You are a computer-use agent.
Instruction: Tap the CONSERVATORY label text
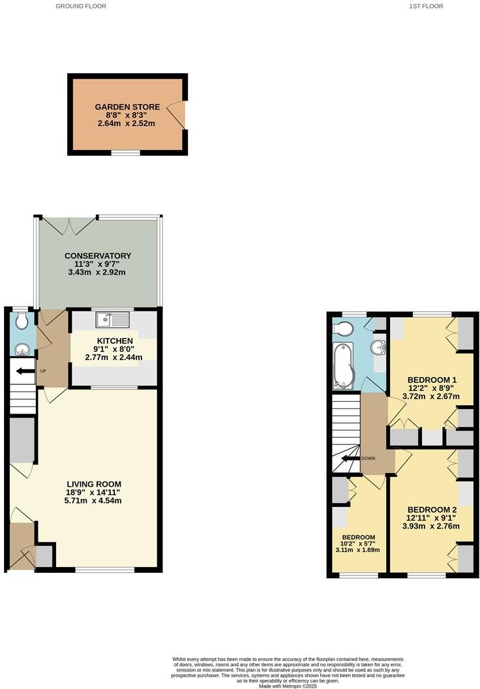(x=98, y=256)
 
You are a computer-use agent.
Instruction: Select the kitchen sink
(x=113, y=320)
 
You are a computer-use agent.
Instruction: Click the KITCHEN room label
(x=115, y=341)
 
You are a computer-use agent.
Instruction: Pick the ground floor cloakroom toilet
(x=22, y=320)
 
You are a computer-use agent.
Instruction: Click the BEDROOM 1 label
(x=432, y=380)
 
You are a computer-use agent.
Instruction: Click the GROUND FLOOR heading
(x=81, y=6)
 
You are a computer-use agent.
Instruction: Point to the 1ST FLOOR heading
(x=426, y=6)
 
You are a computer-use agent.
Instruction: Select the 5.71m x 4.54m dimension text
(x=98, y=501)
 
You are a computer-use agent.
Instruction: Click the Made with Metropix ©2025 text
(x=288, y=686)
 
